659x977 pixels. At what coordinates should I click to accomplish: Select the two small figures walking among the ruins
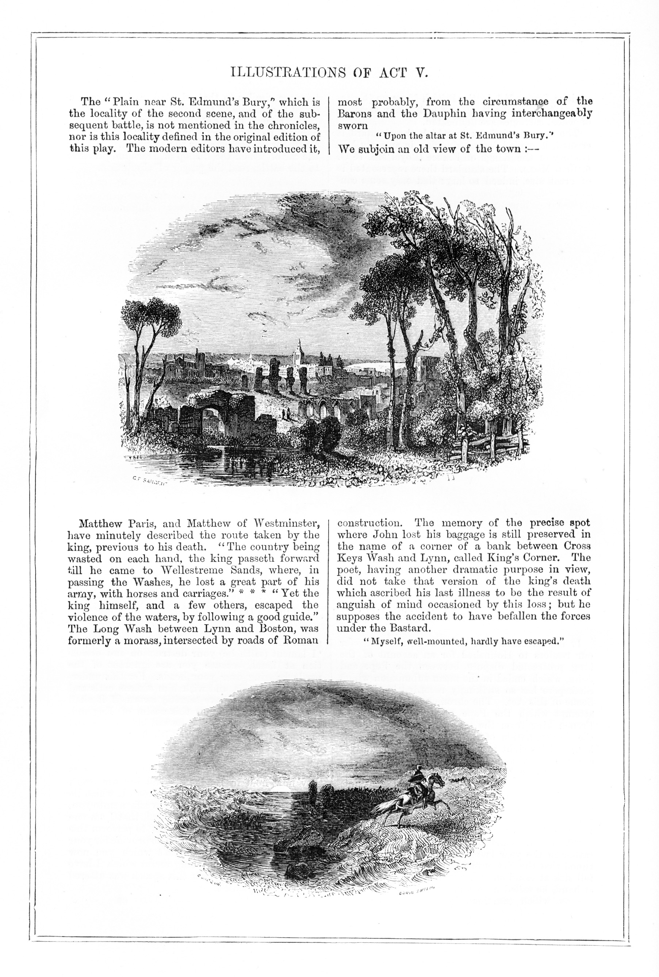pos(287,414)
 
